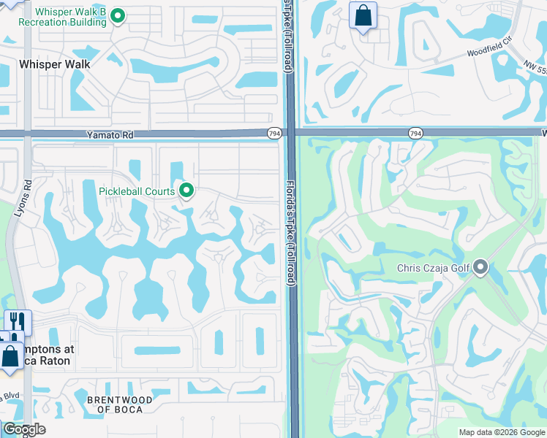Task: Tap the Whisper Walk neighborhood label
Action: pyautogui.click(x=55, y=64)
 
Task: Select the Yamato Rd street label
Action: pyautogui.click(x=110, y=134)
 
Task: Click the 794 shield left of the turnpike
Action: pyautogui.click(x=273, y=133)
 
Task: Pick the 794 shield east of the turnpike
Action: pyautogui.click(x=415, y=133)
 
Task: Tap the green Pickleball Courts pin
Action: pyautogui.click(x=186, y=191)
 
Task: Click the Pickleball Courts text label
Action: pyautogui.click(x=137, y=191)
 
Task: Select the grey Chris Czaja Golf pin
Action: pyautogui.click(x=480, y=268)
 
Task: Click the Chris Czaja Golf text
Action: pyautogui.click(x=433, y=268)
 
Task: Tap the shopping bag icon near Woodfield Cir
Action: pyautogui.click(x=363, y=16)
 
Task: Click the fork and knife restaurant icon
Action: pyautogui.click(x=18, y=321)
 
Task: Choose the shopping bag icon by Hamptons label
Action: pyautogui.click(x=10, y=358)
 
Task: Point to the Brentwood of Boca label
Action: pyautogui.click(x=120, y=404)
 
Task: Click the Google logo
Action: pyautogui.click(x=23, y=429)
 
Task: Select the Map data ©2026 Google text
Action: pyautogui.click(x=501, y=432)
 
